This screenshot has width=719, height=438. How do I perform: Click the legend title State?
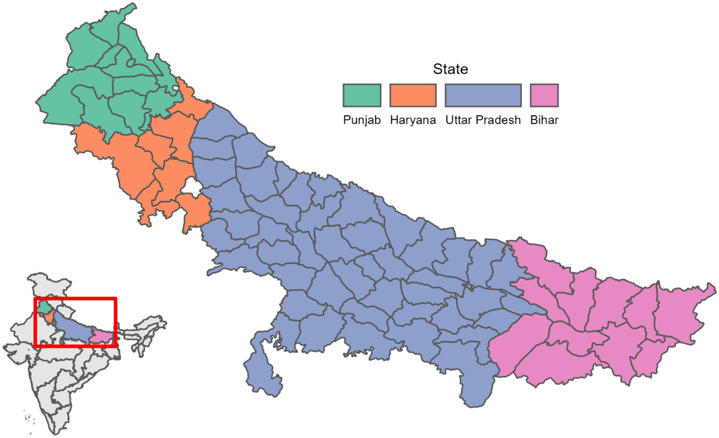tap(451, 70)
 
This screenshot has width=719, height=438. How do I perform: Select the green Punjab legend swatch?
tap(362, 95)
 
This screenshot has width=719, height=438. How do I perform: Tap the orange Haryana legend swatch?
tap(413, 95)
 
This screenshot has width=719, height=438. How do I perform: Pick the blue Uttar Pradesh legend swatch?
tap(483, 95)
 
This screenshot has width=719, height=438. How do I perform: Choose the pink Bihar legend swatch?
tap(544, 95)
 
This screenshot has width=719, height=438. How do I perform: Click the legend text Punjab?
tap(362, 120)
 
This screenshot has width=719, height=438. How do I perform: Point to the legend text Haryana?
tap(413, 120)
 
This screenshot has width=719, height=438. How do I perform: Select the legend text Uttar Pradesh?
tap(483, 120)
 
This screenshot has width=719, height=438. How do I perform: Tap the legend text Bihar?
tap(544, 120)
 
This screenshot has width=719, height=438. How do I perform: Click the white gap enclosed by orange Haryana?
tap(191, 187)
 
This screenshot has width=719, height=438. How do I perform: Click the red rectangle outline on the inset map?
tap(75, 298)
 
